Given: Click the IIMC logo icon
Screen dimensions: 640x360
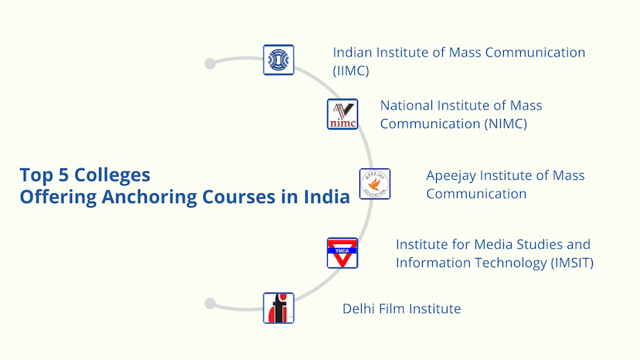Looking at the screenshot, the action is click(x=278, y=60).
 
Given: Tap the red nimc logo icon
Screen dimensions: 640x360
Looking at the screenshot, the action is click(x=342, y=114).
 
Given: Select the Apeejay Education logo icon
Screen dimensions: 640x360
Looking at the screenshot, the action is click(x=375, y=184).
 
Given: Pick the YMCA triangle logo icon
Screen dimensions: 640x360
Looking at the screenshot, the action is click(x=342, y=253).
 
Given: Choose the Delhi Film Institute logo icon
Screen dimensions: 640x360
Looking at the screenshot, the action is click(x=278, y=308).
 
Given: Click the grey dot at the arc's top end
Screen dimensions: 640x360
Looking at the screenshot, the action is click(x=210, y=63).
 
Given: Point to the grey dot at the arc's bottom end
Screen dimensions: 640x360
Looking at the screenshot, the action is click(x=210, y=304).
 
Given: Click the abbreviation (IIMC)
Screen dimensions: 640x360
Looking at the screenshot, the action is click(x=351, y=71).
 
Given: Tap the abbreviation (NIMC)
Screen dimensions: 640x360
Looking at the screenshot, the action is click(x=506, y=124).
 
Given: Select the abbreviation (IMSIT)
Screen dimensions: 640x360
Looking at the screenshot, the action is click(x=572, y=263).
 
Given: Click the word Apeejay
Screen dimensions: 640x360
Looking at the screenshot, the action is click(x=451, y=176).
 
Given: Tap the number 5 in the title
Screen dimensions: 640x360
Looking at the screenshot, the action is click(x=63, y=175).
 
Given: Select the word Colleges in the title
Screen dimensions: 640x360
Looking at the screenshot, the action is click(x=112, y=175).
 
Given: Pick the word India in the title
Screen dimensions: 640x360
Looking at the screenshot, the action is click(x=326, y=197).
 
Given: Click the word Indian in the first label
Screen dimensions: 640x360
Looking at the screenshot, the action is click(x=352, y=53).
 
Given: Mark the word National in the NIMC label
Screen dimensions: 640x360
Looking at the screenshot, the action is click(x=407, y=106).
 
